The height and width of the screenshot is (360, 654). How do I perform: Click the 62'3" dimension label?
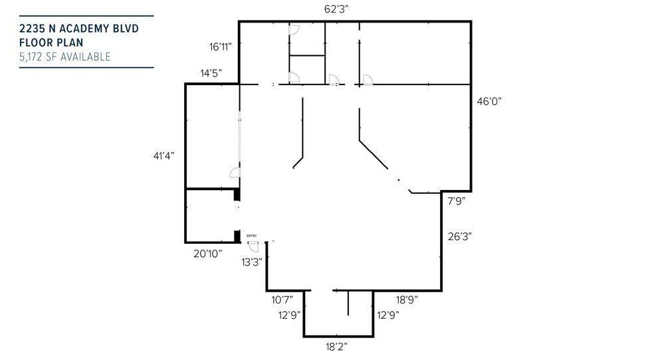pos(336,9)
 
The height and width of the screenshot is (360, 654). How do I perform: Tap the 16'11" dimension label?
pos(220,46)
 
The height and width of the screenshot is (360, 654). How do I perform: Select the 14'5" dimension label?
pos(211,73)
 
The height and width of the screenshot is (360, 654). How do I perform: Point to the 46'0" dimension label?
pos(489,101)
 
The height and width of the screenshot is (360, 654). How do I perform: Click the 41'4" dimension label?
pos(164,156)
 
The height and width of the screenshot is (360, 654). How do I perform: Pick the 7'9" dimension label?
pos(457,201)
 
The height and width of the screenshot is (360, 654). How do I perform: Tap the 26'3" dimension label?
pos(460,236)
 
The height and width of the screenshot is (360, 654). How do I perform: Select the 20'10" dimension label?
pos(207,253)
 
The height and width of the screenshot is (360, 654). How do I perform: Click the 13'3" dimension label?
pos(252,262)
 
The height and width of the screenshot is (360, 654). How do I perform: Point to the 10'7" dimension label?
pos(282,300)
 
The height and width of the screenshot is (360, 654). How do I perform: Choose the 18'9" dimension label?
pos(407,300)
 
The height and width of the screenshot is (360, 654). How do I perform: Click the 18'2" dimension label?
pos(336,346)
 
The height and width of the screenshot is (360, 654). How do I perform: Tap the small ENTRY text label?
pos(251,236)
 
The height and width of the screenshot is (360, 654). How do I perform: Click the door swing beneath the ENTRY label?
pos(254,246)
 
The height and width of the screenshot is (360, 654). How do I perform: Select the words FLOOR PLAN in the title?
pos(51,43)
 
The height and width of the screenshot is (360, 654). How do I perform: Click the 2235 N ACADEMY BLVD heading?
pos(79,29)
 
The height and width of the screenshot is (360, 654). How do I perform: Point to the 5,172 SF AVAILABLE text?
pos(64,56)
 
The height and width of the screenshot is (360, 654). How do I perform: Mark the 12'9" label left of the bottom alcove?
pos(290,315)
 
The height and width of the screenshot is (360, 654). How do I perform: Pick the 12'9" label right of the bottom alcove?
pos(388,315)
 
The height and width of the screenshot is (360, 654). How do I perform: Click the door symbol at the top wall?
pos(294,30)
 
